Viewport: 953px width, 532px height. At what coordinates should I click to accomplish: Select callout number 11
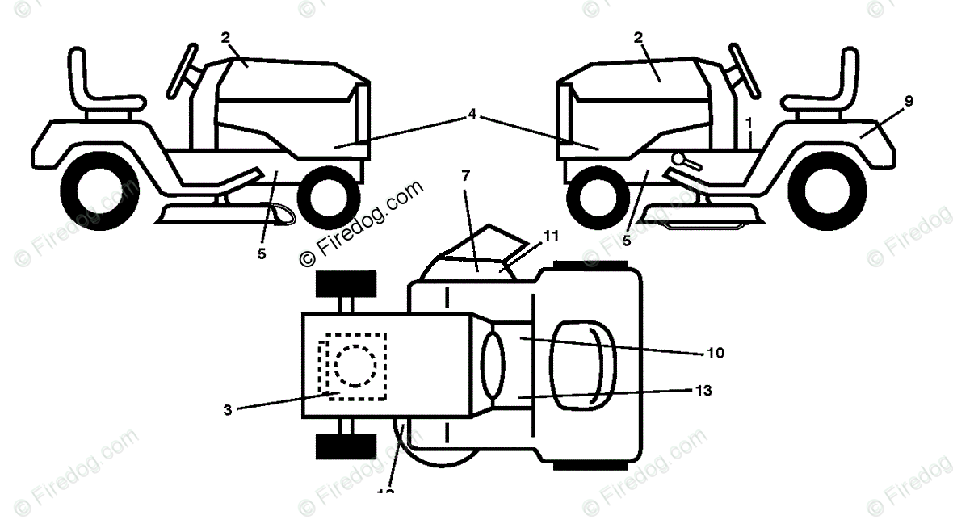[551, 237]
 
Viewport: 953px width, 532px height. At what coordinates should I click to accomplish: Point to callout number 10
[715, 353]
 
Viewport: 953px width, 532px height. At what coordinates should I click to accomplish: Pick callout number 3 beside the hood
[229, 410]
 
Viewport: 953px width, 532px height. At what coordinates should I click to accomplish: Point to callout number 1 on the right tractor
[750, 122]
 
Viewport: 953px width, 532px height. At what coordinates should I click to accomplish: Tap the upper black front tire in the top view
[346, 284]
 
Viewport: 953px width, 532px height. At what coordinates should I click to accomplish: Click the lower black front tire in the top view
[346, 445]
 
